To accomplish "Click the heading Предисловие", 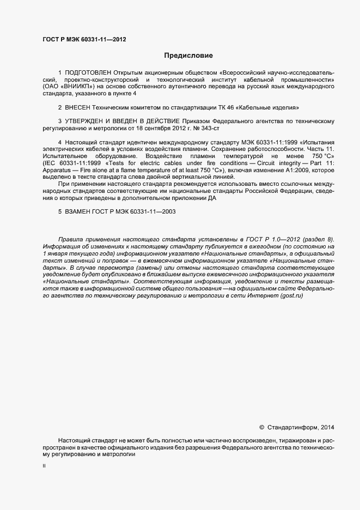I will (x=189, y=56).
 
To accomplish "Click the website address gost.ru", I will (x=291, y=296).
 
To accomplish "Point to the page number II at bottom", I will (x=44, y=466).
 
